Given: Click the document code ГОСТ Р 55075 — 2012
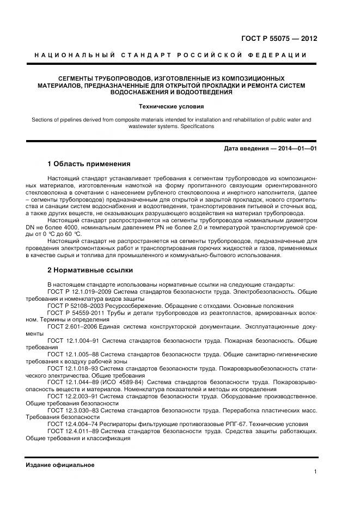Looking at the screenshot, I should (279, 39).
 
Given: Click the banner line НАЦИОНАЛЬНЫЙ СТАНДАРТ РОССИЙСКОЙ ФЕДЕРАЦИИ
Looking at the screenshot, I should (171, 55).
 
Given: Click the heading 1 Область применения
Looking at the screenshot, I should (89, 163).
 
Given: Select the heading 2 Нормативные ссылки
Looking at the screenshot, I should (90, 270).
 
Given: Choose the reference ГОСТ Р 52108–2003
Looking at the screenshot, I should (74, 306).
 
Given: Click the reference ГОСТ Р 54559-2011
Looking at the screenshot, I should (74, 313).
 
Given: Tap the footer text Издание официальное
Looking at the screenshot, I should (60, 465).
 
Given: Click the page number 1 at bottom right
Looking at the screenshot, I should (315, 472).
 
